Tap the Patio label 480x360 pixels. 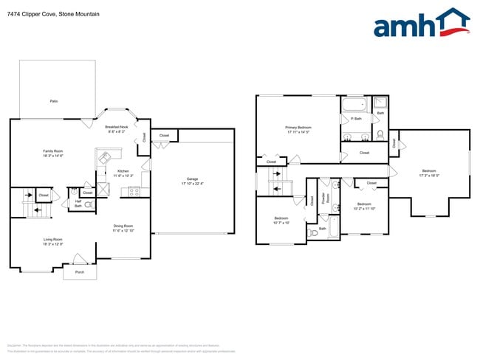(53, 101)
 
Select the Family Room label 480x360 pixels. (53, 153)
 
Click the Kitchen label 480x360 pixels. (123, 173)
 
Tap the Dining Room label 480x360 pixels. (123, 228)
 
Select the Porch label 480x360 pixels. (79, 272)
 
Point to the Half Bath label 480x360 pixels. (78, 204)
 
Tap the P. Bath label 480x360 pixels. (356, 119)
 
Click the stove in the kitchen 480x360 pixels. (134, 192)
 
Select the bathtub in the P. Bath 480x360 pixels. (355, 104)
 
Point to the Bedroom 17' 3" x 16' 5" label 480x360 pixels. (429, 173)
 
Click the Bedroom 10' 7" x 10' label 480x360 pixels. (281, 220)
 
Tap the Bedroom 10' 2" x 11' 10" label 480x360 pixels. (364, 207)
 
